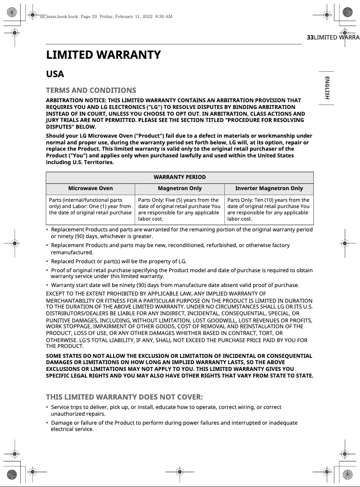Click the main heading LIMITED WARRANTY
103,55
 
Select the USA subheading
55,74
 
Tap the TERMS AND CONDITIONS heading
91,90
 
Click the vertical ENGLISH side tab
327,88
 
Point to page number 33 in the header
310,38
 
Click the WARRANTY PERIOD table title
180,177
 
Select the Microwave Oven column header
90,188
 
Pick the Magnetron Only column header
180,188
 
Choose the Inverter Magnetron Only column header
269,188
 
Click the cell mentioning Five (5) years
179,209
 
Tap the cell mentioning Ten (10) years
268,209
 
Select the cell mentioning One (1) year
90,206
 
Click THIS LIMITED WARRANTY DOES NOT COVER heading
124,397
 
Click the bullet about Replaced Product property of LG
119,261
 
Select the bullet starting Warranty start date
175,285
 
